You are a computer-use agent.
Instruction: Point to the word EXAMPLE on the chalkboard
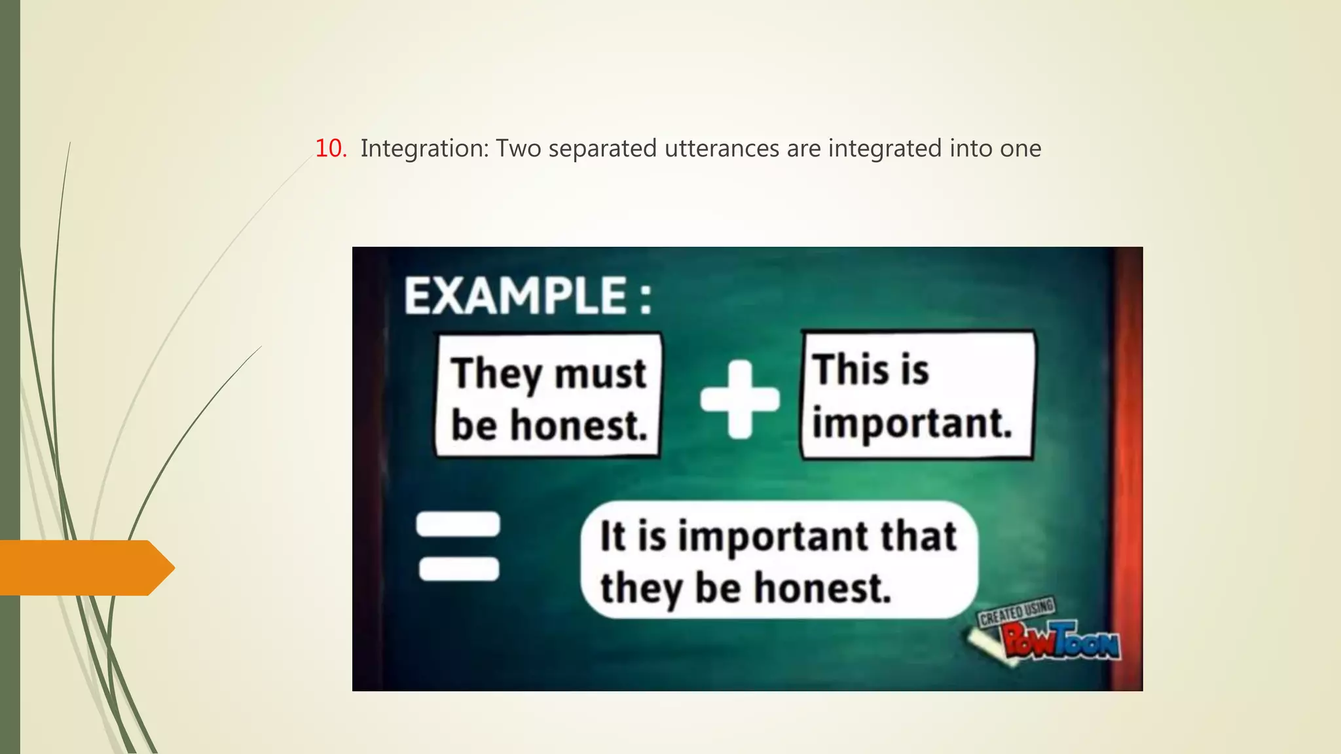point(516,296)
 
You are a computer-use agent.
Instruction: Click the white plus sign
point(740,399)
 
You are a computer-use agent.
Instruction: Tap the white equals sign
point(459,545)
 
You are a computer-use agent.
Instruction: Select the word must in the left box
point(600,374)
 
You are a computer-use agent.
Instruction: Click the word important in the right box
point(911,423)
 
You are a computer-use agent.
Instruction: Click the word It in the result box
point(613,537)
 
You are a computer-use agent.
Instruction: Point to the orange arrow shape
point(85,567)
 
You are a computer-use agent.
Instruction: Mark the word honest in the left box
point(579,426)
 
